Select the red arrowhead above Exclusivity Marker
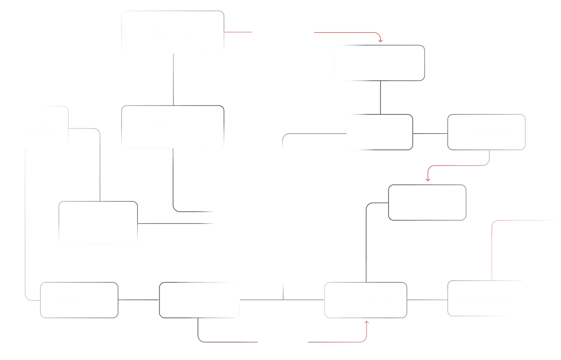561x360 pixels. click(427, 180)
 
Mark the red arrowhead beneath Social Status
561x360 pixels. click(366, 323)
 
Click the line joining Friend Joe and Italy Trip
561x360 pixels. click(173, 80)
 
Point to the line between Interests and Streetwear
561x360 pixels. click(430, 133)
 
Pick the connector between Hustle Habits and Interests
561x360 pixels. click(380, 97)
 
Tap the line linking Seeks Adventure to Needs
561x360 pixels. click(138, 300)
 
